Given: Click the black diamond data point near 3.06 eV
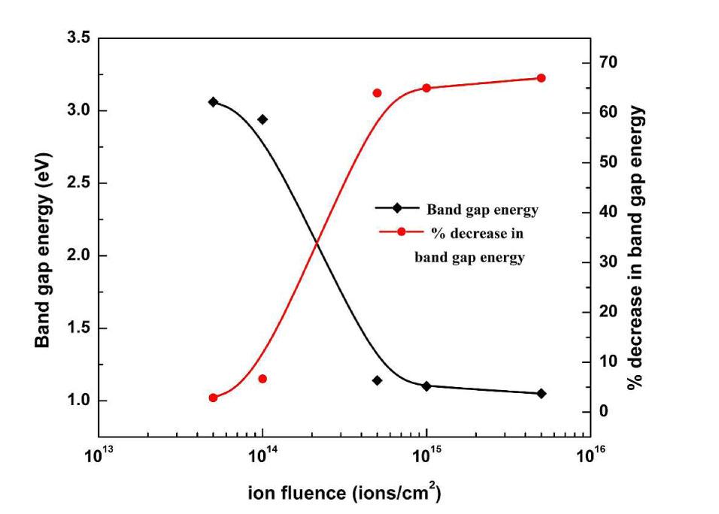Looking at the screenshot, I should [213, 101].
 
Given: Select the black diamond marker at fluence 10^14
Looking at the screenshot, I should [262, 119].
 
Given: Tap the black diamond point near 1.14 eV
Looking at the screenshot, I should [377, 380].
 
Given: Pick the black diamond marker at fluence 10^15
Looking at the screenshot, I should [426, 385].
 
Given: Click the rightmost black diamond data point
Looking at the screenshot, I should [541, 393].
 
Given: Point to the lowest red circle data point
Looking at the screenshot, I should [213, 398].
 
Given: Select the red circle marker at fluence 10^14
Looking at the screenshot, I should [262, 379].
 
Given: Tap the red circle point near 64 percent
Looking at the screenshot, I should [377, 92].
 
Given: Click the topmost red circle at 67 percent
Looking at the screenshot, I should [541, 77].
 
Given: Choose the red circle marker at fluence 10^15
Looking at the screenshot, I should [426, 88].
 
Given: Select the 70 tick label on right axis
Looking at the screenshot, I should [607, 62].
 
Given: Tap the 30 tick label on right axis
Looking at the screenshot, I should [607, 262].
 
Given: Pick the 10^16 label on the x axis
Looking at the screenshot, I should [590, 455].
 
